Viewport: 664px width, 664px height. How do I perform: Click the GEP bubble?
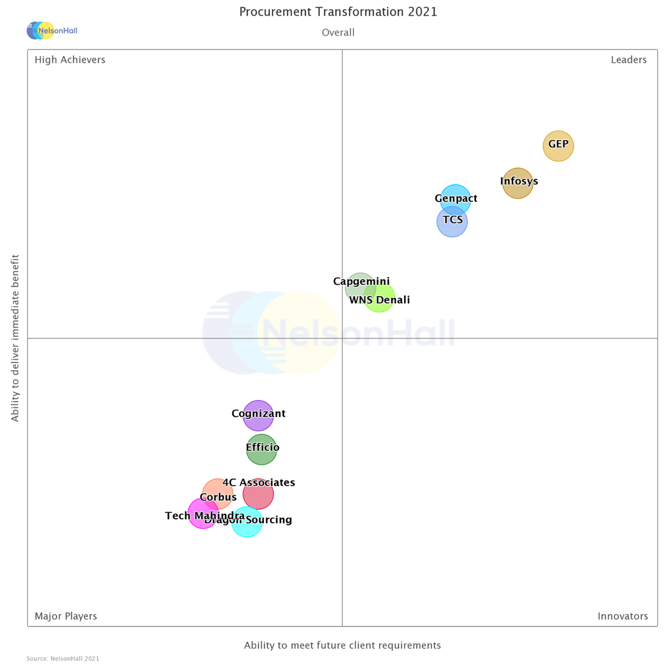(558, 146)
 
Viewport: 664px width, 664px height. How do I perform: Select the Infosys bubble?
(518, 184)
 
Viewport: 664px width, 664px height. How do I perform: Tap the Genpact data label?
(456, 198)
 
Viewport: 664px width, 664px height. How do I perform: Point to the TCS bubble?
(452, 222)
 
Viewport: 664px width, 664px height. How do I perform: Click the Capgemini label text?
(361, 281)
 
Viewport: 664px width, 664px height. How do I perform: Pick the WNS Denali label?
(380, 300)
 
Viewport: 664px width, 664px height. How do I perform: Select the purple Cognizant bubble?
(258, 416)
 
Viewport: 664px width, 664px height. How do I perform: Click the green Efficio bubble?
(262, 449)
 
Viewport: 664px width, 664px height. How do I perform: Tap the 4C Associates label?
(259, 483)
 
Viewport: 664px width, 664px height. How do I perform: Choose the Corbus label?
(218, 497)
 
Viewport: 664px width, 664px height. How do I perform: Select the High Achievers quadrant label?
(70, 60)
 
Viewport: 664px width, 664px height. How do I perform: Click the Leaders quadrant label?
(629, 60)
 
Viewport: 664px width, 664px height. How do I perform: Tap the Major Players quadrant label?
(66, 616)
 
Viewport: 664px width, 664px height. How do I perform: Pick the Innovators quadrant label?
(622, 616)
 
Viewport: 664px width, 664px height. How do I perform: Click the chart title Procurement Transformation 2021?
(338, 12)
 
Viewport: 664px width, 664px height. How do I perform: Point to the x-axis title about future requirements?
(343, 645)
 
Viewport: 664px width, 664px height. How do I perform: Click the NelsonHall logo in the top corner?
(52, 30)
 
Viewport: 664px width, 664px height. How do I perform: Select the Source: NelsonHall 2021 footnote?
(63, 658)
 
